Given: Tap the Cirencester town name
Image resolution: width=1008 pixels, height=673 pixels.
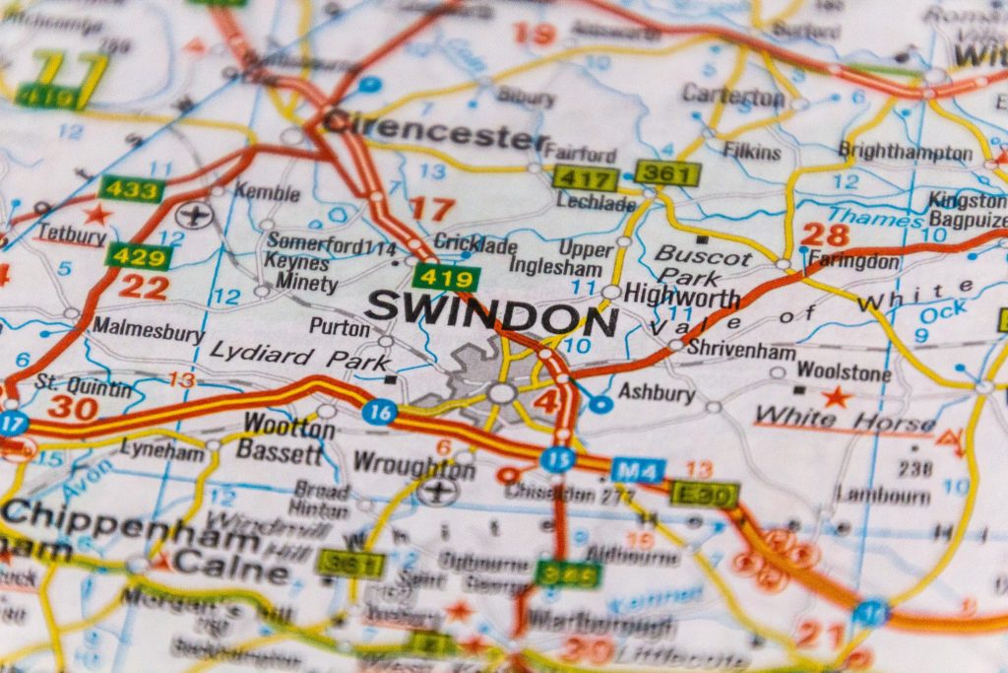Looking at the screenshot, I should tap(434, 128).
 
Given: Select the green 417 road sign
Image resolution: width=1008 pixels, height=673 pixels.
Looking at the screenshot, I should tap(585, 178).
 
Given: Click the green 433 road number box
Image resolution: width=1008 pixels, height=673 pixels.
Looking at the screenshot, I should tap(131, 188).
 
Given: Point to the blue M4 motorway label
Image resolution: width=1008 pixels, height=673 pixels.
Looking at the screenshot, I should tap(637, 470).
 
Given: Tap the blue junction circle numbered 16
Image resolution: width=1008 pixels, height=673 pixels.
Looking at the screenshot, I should tap(379, 412).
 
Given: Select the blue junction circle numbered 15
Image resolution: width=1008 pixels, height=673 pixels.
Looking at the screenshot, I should tap(557, 459).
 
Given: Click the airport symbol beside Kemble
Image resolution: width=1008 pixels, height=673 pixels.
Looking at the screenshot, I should tap(197, 213).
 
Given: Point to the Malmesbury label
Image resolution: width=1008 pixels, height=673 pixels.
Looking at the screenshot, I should tap(148, 331).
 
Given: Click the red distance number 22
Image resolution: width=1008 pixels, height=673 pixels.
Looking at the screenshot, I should tap(144, 287).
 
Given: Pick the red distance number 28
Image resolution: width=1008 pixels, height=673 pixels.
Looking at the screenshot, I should tap(824, 235).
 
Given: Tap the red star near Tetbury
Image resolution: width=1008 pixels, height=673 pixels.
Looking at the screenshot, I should tap(96, 213).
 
